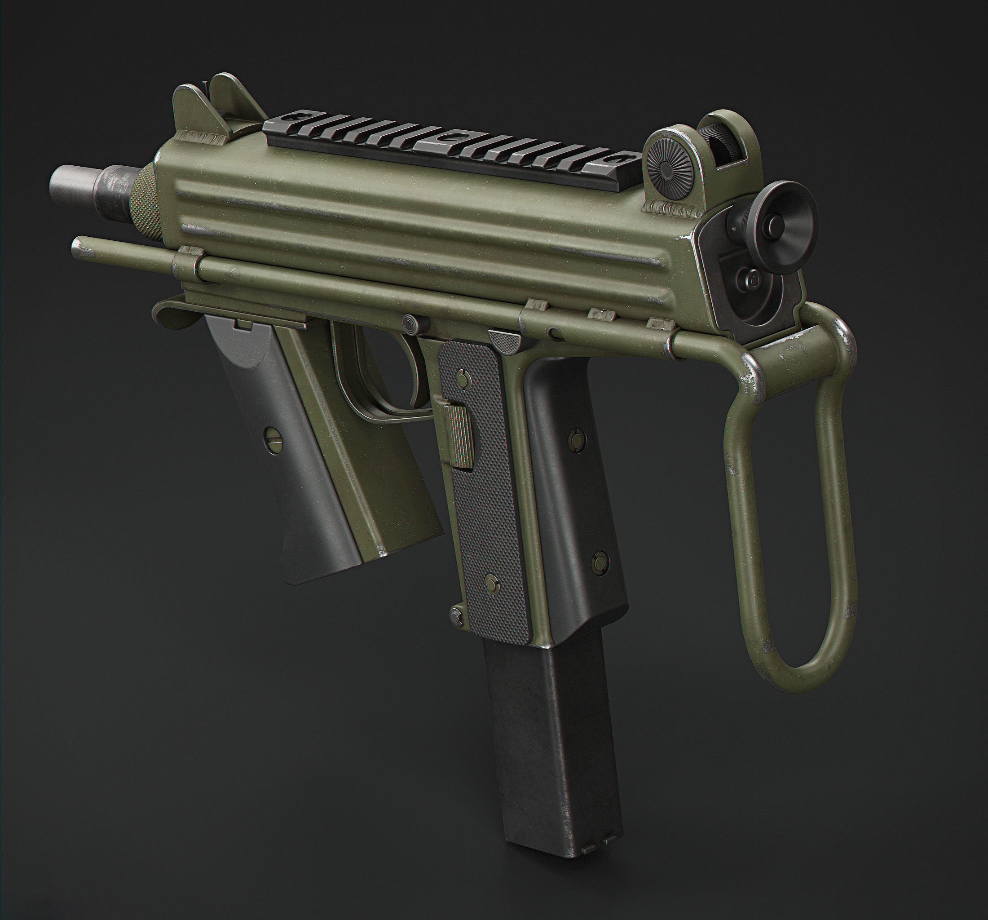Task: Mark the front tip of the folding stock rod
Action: coord(77,243)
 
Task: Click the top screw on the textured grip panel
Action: coord(463,379)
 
